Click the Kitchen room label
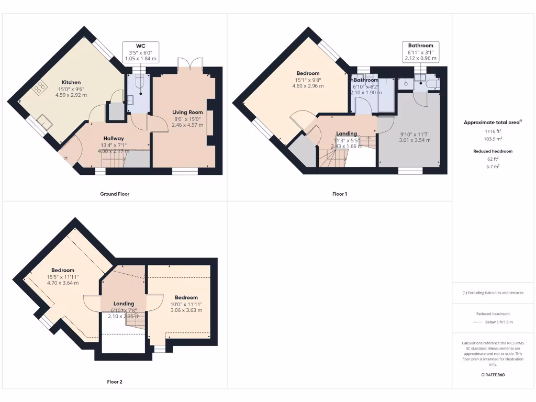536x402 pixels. tap(71, 82)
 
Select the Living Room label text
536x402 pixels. tap(187, 112)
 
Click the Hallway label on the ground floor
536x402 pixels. tap(114, 139)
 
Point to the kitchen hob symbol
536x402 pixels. tap(39, 89)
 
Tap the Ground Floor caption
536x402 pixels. tap(115, 194)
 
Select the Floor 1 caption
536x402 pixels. tap(340, 194)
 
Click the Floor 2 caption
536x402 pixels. tap(111, 382)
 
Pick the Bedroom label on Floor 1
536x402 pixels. tap(308, 73)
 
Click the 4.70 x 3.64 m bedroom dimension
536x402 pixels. tap(62, 283)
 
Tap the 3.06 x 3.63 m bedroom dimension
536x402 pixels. tap(186, 310)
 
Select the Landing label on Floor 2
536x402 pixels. tap(124, 304)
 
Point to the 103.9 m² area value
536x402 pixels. tap(493, 140)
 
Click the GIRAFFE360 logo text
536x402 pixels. tap(493, 375)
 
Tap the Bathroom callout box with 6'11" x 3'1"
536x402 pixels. tap(421, 52)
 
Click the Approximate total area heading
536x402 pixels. tap(492, 122)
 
